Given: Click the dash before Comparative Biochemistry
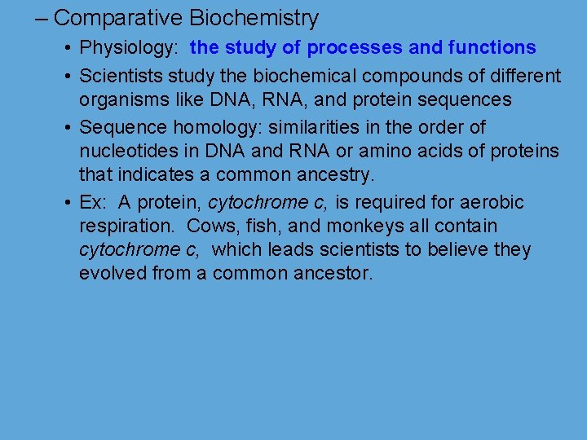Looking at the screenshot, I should click(41, 18).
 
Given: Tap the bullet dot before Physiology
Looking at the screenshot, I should click(65, 49).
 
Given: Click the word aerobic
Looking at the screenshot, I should click(490, 202).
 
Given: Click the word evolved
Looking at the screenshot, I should click(113, 273).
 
